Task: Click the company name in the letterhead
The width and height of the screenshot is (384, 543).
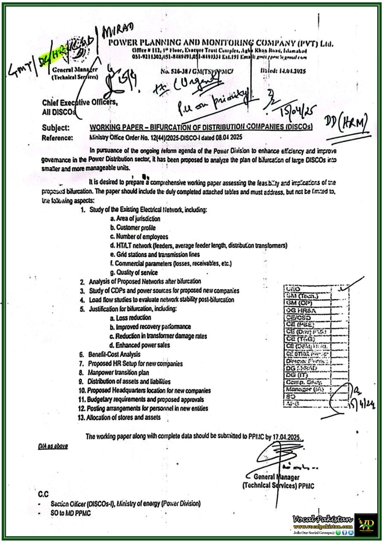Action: coord(220,43)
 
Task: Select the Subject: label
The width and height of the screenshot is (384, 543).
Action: coord(56,128)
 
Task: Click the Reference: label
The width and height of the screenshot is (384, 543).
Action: coord(57,138)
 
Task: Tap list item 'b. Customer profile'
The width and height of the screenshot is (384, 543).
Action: coord(133,228)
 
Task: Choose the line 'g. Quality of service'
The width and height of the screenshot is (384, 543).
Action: coord(134,273)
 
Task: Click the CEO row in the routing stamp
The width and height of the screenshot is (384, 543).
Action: coord(293,289)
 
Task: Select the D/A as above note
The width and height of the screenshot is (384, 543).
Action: coord(53,446)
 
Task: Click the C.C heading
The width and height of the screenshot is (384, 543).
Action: coord(43,494)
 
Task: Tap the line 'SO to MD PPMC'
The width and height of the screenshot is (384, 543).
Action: coord(71,513)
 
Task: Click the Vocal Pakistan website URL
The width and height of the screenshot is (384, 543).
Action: coord(323,526)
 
